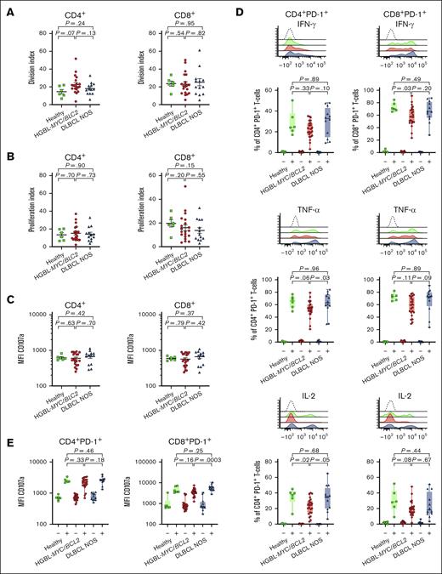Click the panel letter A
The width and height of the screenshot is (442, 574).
(6, 7)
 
